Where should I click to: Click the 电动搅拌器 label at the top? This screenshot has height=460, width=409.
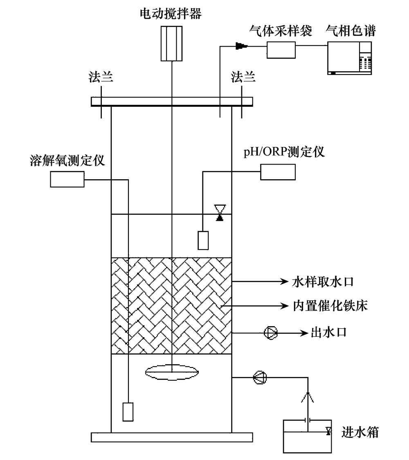pos(171,14)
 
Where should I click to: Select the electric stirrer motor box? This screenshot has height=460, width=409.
pos(171,43)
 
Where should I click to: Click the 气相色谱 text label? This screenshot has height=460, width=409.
pos(350,31)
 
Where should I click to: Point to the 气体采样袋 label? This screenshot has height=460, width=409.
pos(281,31)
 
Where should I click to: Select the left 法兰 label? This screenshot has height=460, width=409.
pos(101,77)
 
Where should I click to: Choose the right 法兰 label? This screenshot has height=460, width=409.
pos(243,77)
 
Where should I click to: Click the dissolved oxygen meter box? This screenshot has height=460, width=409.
pos(67,179)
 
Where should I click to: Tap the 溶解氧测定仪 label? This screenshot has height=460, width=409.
pos(67,160)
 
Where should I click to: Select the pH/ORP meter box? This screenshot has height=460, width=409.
pos(278,172)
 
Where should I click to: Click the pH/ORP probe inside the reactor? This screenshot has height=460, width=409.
pos(203,240)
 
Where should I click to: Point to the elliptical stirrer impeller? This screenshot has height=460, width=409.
pos(172,372)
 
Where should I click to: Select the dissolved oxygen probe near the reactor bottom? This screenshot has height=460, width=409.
pos(128,411)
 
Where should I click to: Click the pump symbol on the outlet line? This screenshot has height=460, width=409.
pos(271,333)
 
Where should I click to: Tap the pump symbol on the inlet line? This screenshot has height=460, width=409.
pos(260,377)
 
